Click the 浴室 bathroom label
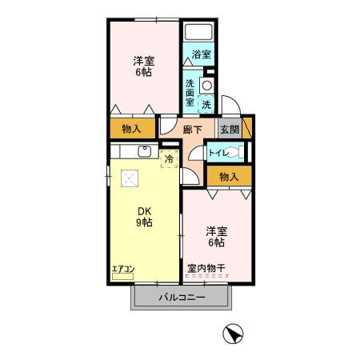coord(201,55)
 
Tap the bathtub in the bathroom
coord(197,34)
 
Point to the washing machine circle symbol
coord(206,85)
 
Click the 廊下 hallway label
coord(192,130)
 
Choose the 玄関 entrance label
coord(229,130)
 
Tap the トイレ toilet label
coord(218,152)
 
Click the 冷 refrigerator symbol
coord(169,158)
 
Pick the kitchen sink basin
coord(146,151)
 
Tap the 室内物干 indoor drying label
coord(206,269)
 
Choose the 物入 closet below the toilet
coord(229,176)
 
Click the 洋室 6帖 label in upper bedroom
coord(143,66)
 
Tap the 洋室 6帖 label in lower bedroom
coord(215,235)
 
